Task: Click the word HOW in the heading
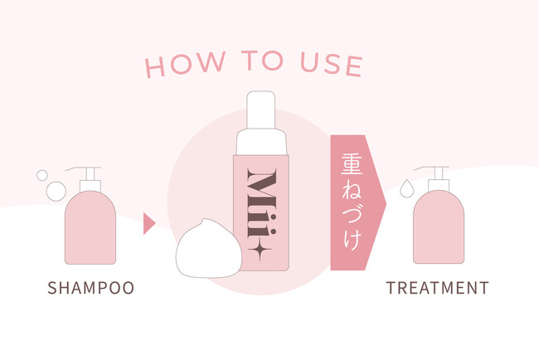[185, 64]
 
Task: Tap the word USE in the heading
[332, 64]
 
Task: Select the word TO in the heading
[262, 61]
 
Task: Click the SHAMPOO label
[90, 288]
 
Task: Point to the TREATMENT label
[437, 288]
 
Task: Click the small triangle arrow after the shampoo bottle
[149, 223]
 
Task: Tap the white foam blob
[209, 248]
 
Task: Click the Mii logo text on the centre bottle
[261, 203]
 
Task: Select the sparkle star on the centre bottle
[260, 249]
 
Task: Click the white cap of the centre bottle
[261, 123]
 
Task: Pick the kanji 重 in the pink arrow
[352, 164]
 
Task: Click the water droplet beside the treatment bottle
[406, 189]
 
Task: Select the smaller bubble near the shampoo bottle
[42, 175]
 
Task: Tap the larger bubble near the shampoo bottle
[56, 191]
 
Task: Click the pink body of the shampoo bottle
[90, 227]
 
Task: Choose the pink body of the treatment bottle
[439, 227]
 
